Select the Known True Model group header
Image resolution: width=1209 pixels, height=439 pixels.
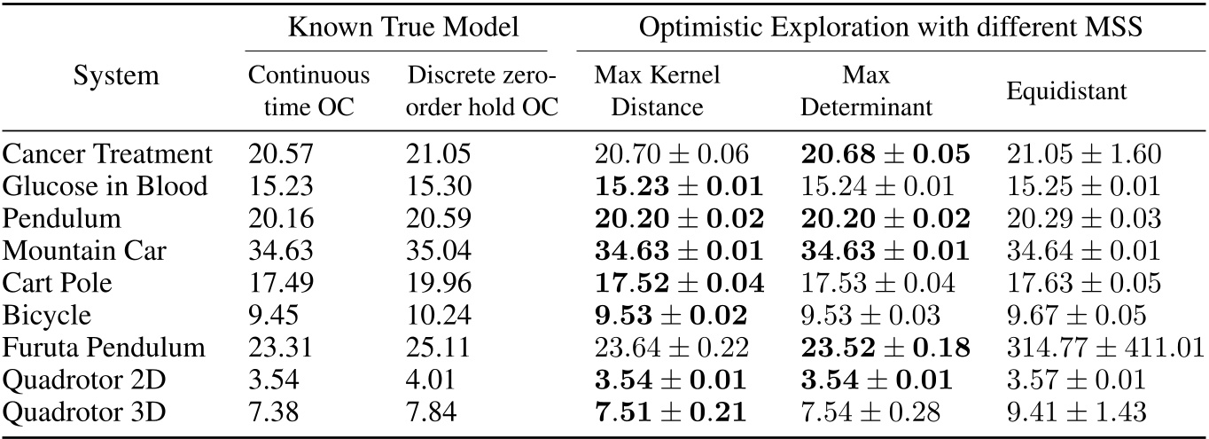397,27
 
